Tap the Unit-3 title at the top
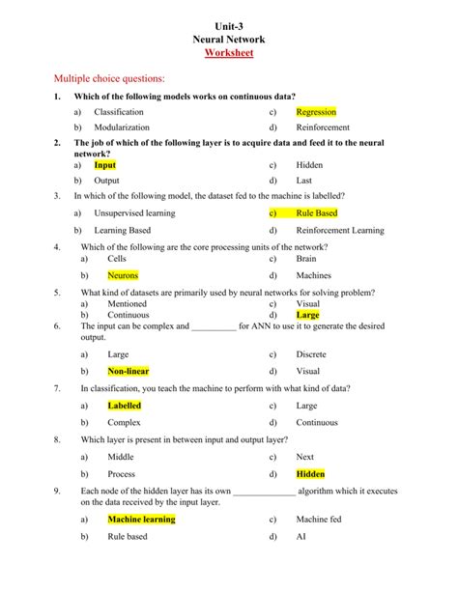click(x=229, y=23)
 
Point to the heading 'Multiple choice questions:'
click(x=109, y=77)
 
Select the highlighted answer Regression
click(x=316, y=112)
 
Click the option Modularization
click(x=122, y=127)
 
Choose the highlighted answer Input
click(x=104, y=165)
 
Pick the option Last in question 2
click(x=303, y=180)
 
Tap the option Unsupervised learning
click(x=134, y=212)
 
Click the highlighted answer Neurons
click(x=123, y=275)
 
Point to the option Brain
click(x=306, y=259)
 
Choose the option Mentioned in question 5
click(x=128, y=303)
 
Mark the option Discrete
click(x=312, y=353)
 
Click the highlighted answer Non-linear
click(x=129, y=371)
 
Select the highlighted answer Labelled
click(x=125, y=406)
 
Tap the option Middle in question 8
click(x=121, y=457)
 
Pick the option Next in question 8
click(x=305, y=457)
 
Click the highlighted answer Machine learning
click(x=141, y=520)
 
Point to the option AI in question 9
click(x=301, y=536)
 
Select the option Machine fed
click(x=318, y=520)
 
